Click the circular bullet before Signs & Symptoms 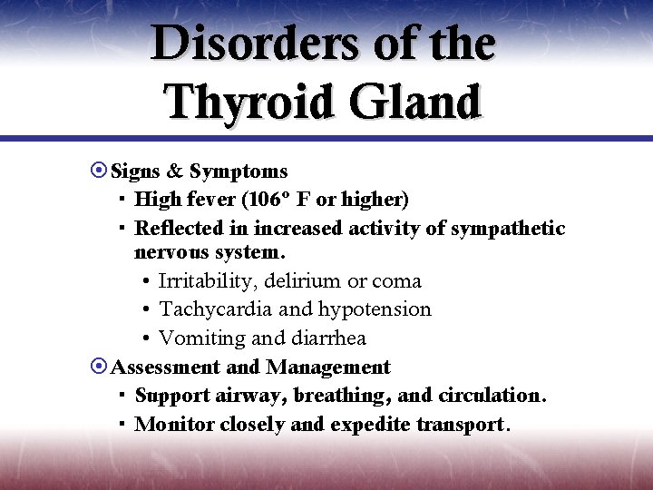[x=99, y=171]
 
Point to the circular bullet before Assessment [x=99, y=367]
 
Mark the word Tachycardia [x=215, y=309]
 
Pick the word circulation [x=491, y=396]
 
